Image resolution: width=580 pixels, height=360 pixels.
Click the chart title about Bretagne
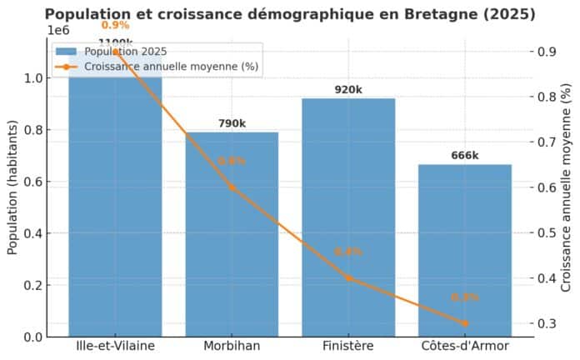(290, 14)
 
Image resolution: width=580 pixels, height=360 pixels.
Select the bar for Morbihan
(232, 242)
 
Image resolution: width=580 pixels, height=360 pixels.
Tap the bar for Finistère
(348, 225)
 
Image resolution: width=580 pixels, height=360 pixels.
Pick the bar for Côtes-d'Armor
(464, 250)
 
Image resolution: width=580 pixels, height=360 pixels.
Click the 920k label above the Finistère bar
(348, 90)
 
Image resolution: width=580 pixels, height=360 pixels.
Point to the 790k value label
(232, 123)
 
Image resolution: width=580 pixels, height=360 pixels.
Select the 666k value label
(464, 155)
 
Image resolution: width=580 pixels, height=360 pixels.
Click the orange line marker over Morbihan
(232, 187)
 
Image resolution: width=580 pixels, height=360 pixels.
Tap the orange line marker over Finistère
(348, 278)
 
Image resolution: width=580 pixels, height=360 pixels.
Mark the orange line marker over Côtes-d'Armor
(464, 323)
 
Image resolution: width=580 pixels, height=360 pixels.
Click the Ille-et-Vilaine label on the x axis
(115, 346)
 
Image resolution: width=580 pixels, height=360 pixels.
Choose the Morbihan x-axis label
(232, 346)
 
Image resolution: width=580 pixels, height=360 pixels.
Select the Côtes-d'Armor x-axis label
(464, 346)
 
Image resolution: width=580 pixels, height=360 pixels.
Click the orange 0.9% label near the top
(115, 25)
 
